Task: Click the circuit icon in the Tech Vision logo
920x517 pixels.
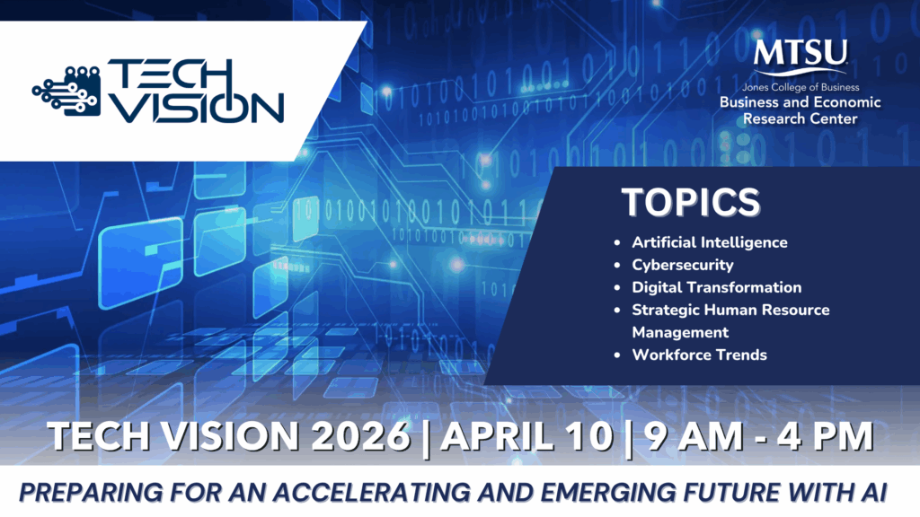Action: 66,91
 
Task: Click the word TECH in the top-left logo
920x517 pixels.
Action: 170,76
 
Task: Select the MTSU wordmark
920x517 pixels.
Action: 801,54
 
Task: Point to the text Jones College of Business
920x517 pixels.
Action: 801,87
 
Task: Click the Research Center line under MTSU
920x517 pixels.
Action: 801,119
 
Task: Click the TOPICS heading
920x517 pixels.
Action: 691,202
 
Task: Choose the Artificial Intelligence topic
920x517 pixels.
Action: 710,242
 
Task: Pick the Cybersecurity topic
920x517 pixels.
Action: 683,265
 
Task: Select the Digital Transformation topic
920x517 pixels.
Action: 716,287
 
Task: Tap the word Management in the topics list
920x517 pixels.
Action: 680,332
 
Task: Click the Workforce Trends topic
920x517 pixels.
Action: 699,355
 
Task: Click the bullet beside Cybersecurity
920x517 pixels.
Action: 616,266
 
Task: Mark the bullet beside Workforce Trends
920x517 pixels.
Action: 616,355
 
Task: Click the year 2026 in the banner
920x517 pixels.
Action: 360,436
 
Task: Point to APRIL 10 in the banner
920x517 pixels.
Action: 527,436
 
